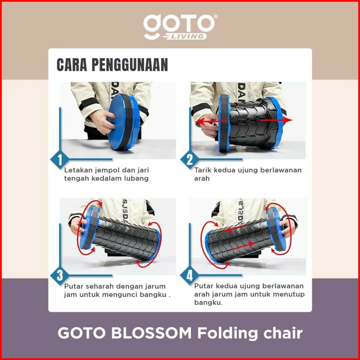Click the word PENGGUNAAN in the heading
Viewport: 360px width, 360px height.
point(130,65)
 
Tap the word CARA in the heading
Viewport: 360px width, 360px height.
point(72,65)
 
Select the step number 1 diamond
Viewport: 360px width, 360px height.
point(60,159)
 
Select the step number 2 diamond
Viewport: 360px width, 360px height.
point(190,159)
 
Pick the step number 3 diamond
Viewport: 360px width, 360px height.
point(60,275)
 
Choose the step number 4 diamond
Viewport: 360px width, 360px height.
point(190,275)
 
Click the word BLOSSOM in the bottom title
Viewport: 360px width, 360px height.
point(151,333)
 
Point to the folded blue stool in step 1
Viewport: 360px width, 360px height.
point(124,122)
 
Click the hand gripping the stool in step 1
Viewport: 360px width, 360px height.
point(102,122)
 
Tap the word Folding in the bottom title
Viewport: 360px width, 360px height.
point(227,334)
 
